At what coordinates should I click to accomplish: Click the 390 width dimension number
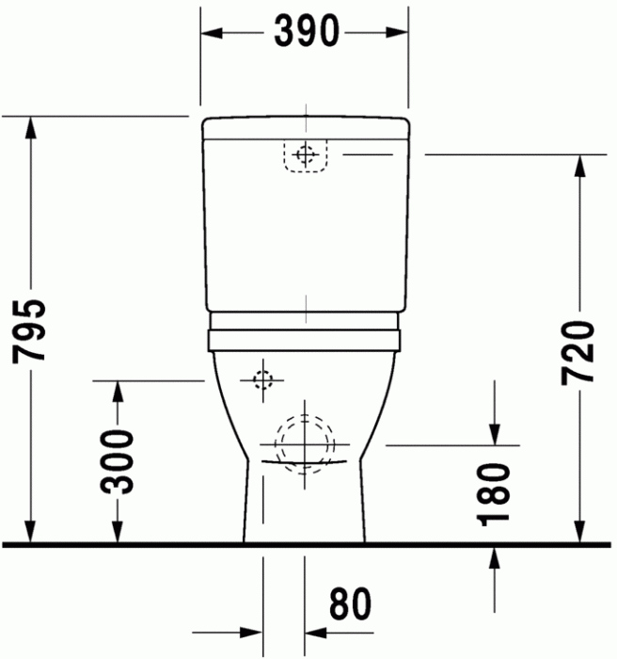click(305, 32)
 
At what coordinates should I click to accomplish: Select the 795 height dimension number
click(32, 330)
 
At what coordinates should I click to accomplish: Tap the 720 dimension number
click(577, 351)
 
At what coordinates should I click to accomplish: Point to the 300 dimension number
click(118, 461)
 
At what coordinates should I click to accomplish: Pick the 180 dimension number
click(495, 492)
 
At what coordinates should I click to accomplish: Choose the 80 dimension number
click(350, 604)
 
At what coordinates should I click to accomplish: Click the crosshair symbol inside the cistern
click(304, 155)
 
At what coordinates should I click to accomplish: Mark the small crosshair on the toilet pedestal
click(261, 380)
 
